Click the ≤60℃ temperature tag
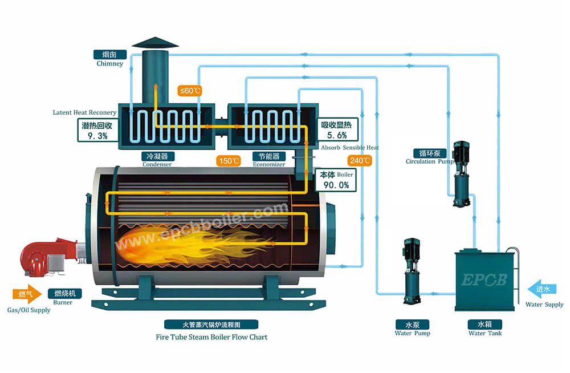(x=190, y=91)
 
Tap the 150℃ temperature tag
(x=229, y=161)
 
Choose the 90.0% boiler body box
(x=336, y=180)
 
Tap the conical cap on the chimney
(x=154, y=43)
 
